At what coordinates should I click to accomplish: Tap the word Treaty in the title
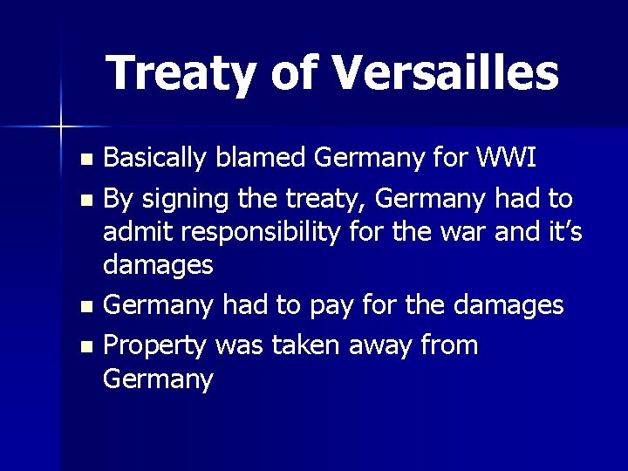point(181,72)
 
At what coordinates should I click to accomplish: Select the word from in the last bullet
point(448,345)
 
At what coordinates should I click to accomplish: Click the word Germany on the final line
point(158,379)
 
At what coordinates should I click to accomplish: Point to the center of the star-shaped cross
point(60,126)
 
